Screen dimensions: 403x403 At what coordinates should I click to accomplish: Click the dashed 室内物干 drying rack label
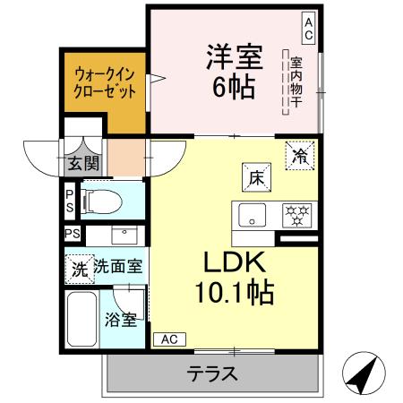point(295,81)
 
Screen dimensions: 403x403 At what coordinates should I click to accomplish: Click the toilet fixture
point(99,202)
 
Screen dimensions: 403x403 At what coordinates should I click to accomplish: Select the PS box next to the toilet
point(71,201)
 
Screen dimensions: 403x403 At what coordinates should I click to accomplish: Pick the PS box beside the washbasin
point(72,235)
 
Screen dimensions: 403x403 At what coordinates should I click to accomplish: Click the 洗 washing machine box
point(79,267)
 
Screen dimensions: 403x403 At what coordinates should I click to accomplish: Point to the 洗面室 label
point(119,267)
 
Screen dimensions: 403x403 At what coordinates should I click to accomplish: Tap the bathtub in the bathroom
point(82,319)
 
